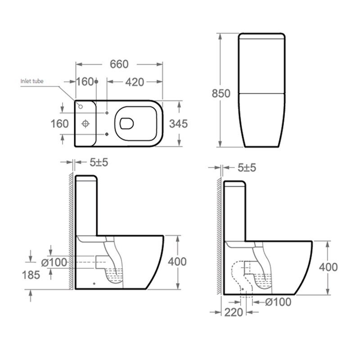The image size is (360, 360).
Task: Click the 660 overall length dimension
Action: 119,64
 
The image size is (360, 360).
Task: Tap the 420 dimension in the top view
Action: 135,82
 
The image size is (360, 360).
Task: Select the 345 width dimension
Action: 178,124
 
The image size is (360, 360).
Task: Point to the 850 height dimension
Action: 221,94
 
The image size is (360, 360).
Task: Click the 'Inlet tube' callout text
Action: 32,81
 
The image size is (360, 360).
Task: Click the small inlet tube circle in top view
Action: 81,107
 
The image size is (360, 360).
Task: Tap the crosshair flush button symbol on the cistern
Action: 85,124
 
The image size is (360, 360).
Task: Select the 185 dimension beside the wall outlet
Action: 31,275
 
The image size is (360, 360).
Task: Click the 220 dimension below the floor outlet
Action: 234,312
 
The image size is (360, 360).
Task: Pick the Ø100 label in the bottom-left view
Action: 54,262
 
